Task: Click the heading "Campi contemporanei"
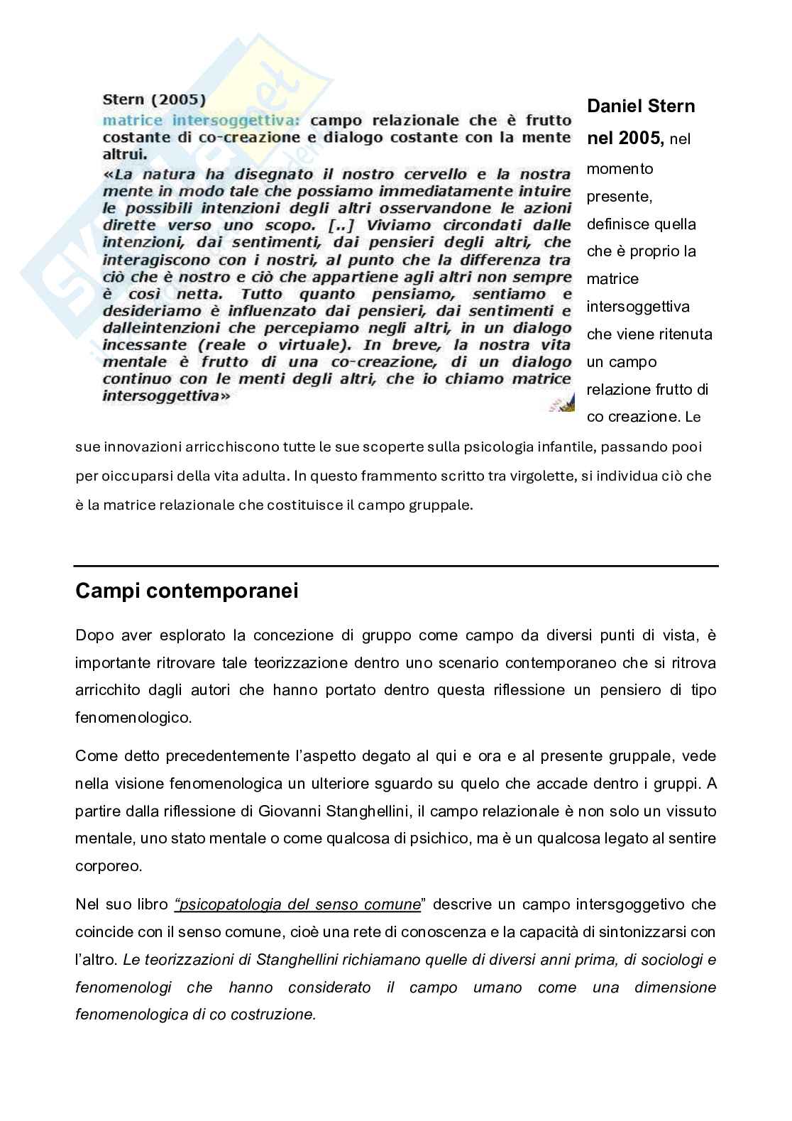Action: pos(187,591)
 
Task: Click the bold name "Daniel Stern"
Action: pos(641,106)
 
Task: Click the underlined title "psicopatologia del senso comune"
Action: pos(299,904)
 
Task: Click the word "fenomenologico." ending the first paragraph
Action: pos(133,717)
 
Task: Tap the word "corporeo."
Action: pos(108,866)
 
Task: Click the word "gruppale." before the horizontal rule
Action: pos(444,505)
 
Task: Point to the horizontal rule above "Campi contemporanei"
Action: pos(396,566)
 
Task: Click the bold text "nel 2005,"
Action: pos(625,138)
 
